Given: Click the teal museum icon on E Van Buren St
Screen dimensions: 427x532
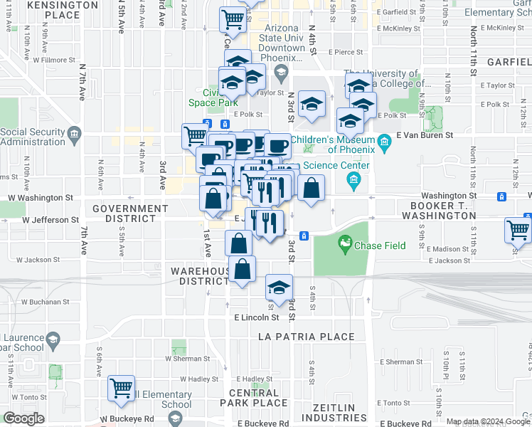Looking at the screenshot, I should [385, 140].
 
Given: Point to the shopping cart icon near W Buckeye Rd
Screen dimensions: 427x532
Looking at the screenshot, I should [122, 389].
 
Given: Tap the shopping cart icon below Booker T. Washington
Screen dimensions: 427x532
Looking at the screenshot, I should [518, 231].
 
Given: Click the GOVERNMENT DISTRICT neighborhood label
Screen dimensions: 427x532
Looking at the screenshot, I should [130, 213].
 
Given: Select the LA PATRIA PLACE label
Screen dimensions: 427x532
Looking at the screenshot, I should [307, 337].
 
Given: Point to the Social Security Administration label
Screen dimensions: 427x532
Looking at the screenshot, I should [43, 137].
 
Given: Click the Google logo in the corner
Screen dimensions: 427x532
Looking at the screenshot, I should [23, 418].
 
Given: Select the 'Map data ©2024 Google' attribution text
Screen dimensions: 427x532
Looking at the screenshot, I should [488, 421].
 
